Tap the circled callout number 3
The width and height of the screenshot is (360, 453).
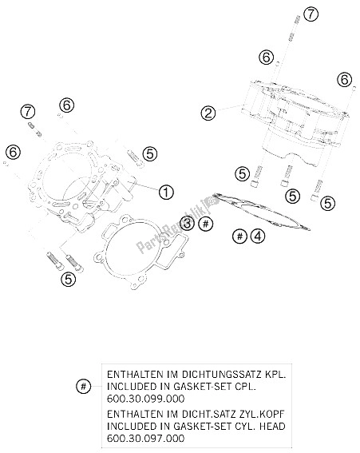186,222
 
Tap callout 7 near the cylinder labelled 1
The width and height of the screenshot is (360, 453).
28,110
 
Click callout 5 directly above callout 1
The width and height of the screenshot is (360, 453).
149,153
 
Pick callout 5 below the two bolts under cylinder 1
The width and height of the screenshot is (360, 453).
69,279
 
